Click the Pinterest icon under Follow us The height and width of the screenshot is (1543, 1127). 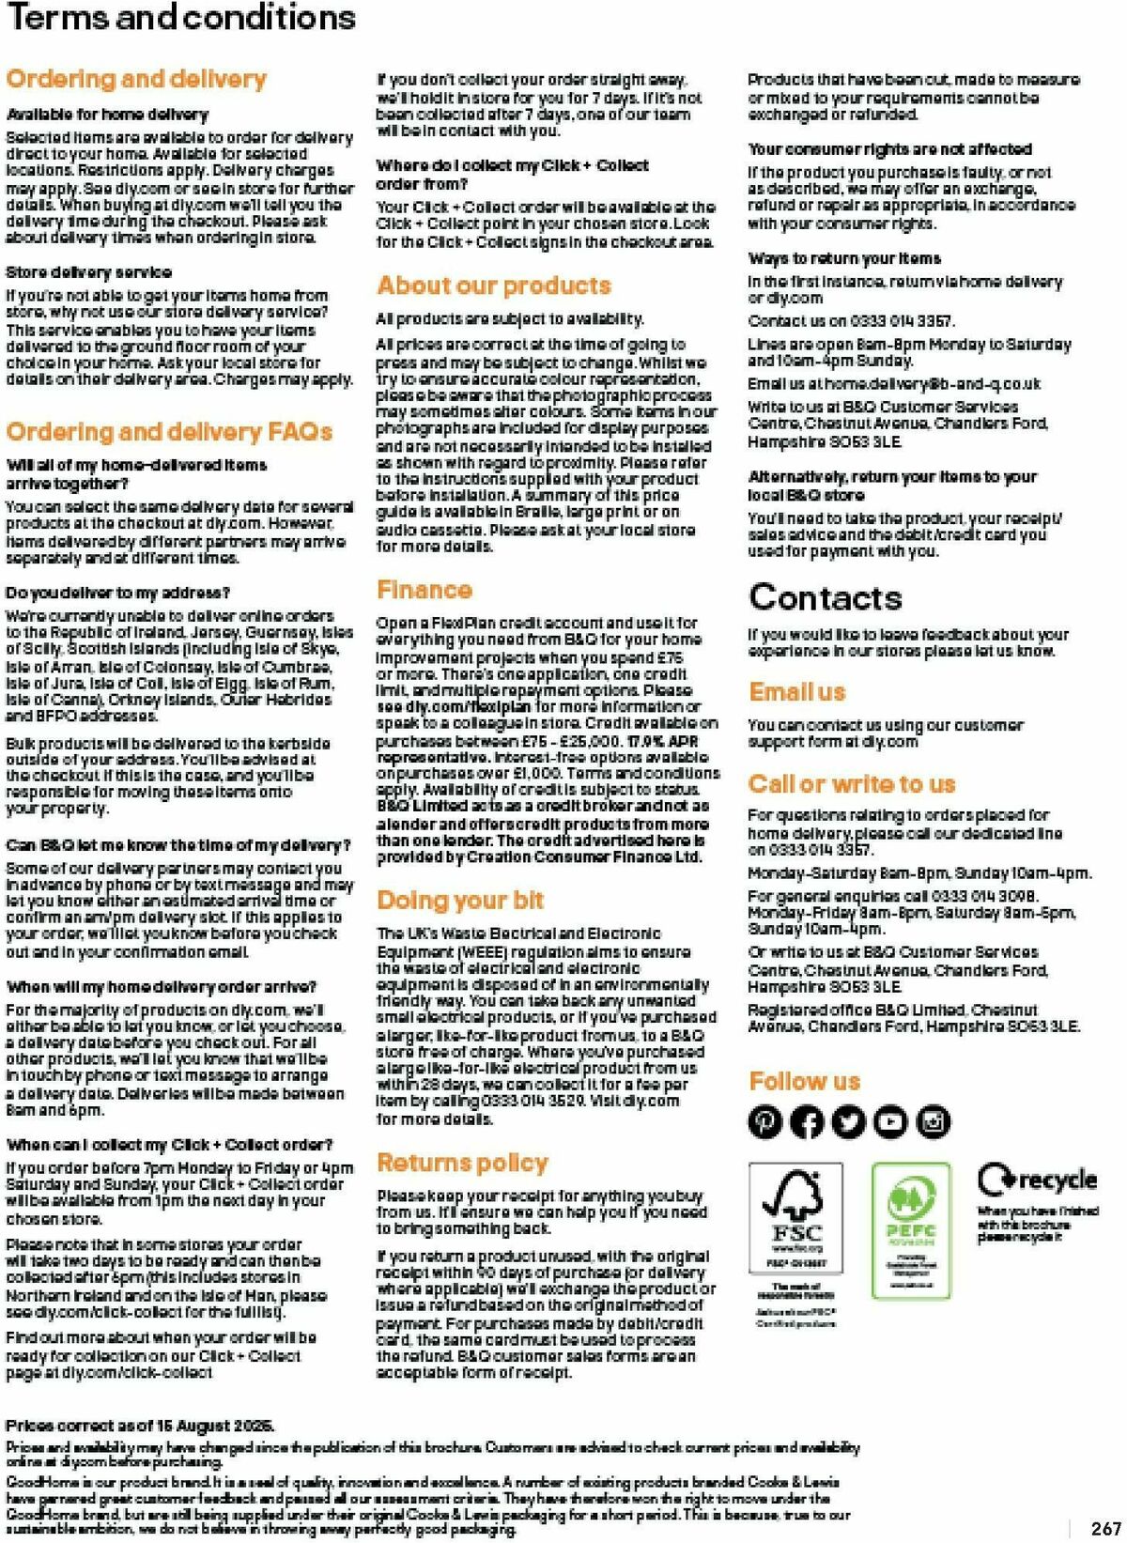pyautogui.click(x=765, y=1121)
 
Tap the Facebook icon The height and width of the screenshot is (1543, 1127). pyautogui.click(x=807, y=1121)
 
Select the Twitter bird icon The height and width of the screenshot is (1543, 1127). pyautogui.click(x=849, y=1121)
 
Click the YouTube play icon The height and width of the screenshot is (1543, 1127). pyautogui.click(x=890, y=1121)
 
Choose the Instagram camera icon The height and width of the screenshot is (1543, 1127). pyautogui.click(x=933, y=1121)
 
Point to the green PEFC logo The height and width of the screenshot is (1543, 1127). pyautogui.click(x=910, y=1221)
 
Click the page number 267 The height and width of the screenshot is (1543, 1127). pyautogui.click(x=1105, y=1529)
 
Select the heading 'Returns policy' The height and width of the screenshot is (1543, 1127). pyautogui.click(x=462, y=1163)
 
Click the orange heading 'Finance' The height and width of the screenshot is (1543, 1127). pyautogui.click(x=425, y=590)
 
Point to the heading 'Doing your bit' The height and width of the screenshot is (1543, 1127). pyautogui.click(x=460, y=901)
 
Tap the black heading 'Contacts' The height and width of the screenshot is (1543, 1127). pyautogui.click(x=826, y=597)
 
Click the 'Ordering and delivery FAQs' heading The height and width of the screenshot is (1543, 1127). pyautogui.click(x=169, y=432)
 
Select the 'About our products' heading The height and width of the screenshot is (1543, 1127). pyautogui.click(x=494, y=285)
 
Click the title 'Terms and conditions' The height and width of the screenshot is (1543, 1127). pyautogui.click(x=181, y=18)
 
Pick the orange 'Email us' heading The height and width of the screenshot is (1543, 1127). pyautogui.click(x=797, y=692)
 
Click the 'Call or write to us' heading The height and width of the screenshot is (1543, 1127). pyautogui.click(x=852, y=784)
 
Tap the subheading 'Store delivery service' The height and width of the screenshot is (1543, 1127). pyautogui.click(x=89, y=272)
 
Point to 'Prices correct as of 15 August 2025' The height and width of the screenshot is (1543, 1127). pyautogui.click(x=140, y=1425)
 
